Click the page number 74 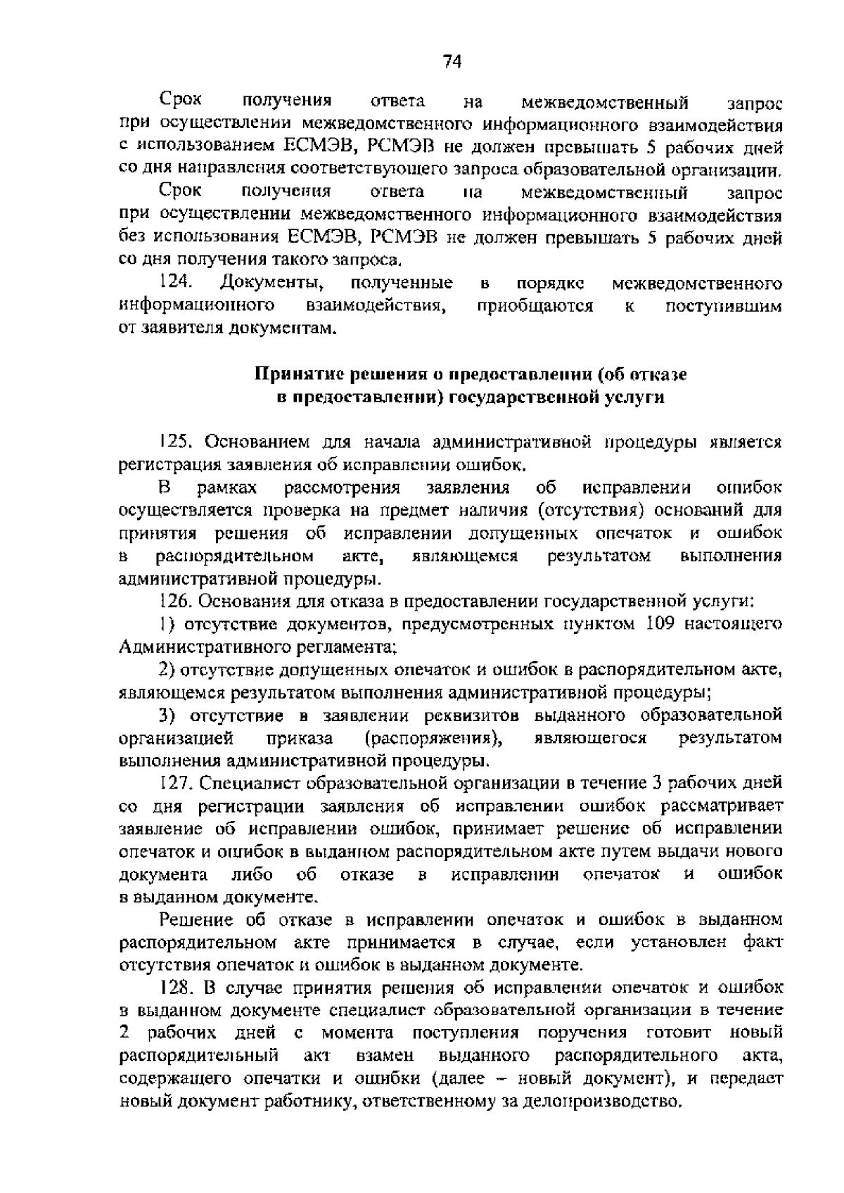click(x=452, y=63)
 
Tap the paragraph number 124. click(x=177, y=283)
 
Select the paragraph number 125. click(x=177, y=442)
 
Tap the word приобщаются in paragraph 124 click(x=535, y=306)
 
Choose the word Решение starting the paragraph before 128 click(x=198, y=919)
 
